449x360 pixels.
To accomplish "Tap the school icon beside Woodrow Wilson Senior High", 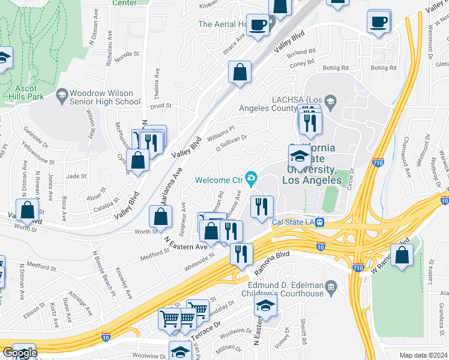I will coord(62,94).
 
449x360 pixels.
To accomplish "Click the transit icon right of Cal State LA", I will coord(321,223).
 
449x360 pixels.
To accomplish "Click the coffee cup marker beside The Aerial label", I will coord(258,25).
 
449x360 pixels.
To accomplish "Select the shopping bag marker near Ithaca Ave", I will coord(240,73).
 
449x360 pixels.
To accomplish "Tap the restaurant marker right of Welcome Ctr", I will coord(261,206).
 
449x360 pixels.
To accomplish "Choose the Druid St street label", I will coord(160,106).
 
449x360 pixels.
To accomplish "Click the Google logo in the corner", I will coord(19,353).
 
